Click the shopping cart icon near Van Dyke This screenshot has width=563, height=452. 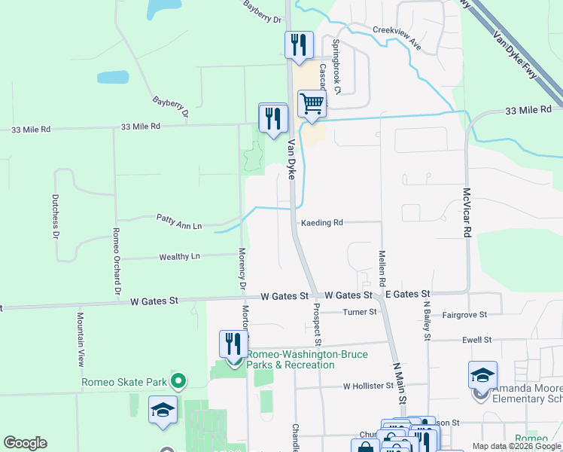point(312,103)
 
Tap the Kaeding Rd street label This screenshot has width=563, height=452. point(322,223)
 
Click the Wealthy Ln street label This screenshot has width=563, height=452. point(179,257)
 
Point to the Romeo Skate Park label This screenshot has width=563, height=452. point(124,381)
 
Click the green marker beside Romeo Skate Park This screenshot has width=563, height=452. point(178,380)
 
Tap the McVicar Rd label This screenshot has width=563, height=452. point(467,213)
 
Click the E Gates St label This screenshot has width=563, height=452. point(407,294)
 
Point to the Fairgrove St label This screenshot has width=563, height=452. point(465,313)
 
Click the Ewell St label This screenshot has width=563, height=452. point(477,340)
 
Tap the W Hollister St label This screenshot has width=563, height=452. point(368,386)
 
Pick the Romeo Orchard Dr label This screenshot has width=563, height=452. point(116,260)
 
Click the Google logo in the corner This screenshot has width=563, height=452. point(25,443)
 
